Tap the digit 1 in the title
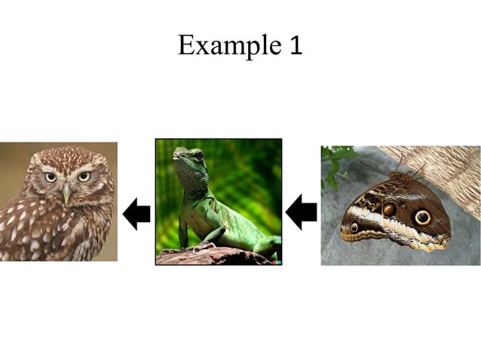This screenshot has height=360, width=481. pos(296,47)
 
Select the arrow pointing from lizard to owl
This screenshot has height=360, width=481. pos(136,215)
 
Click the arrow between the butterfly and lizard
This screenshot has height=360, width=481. pos(301,212)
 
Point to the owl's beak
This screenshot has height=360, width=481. pos(67,194)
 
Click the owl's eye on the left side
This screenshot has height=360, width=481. pos(51,177)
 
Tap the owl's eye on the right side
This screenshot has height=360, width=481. pos(84,176)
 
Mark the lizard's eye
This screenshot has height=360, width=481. pos(198,156)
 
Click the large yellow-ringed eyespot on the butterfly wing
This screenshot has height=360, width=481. pos(422,217)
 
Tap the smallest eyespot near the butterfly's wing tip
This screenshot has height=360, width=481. pos(354,227)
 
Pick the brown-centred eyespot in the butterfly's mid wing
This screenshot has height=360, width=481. pos(389,209)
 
